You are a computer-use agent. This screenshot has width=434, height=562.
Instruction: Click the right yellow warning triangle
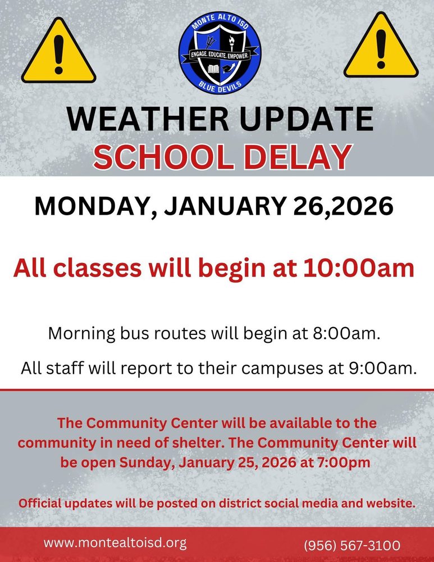click(381, 47)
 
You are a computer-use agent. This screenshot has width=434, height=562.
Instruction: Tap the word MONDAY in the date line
click(96, 207)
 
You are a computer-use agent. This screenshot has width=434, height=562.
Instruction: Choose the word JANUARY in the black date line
click(225, 206)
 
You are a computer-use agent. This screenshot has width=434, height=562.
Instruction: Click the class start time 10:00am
click(358, 268)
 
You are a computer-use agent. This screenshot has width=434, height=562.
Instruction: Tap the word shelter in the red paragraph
click(198, 443)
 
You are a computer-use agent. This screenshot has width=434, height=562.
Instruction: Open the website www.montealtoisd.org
click(115, 543)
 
